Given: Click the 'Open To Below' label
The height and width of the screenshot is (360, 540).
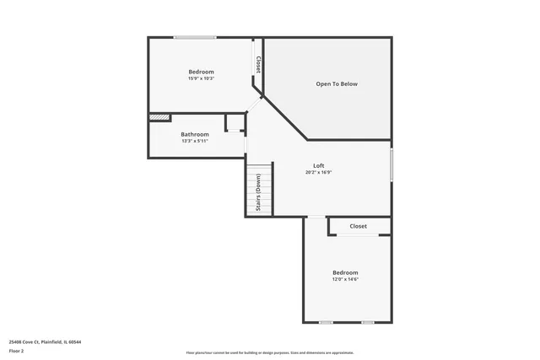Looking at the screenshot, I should tap(337, 84).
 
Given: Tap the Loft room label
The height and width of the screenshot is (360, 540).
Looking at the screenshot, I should tap(318, 165).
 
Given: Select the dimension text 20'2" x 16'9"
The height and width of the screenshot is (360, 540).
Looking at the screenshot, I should tap(318, 173).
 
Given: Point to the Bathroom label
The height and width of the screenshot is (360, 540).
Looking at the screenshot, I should tap(194, 134).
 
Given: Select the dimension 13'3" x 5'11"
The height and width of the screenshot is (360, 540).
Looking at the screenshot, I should tap(194, 142).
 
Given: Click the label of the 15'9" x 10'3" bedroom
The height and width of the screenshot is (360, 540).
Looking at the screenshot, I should tap(201, 72).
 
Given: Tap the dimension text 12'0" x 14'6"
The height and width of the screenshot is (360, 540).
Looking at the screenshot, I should tap(345, 280).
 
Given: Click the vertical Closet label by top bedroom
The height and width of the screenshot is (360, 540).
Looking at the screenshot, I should tap(258, 64).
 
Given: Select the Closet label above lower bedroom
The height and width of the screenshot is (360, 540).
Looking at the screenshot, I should tap(359, 226).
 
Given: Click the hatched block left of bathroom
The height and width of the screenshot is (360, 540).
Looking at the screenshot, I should tap(159, 118).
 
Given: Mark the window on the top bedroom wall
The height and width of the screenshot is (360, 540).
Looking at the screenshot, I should tap(194, 37).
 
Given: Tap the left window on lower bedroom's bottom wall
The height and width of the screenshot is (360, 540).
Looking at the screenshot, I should tap(326, 322).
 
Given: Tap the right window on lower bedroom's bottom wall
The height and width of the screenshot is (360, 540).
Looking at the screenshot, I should tap(368, 322).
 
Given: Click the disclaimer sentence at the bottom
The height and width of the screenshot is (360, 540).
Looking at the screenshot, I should tap(269, 352).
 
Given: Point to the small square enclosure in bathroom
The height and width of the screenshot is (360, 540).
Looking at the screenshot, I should tap(234, 123).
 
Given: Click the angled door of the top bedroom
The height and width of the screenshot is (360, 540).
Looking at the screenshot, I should tap(255, 105).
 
